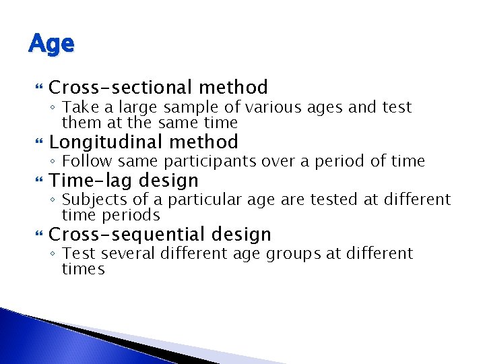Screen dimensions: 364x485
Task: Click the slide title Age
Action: point(51,44)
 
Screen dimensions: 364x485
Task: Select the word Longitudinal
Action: point(106,142)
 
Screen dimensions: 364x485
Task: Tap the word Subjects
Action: point(92,200)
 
